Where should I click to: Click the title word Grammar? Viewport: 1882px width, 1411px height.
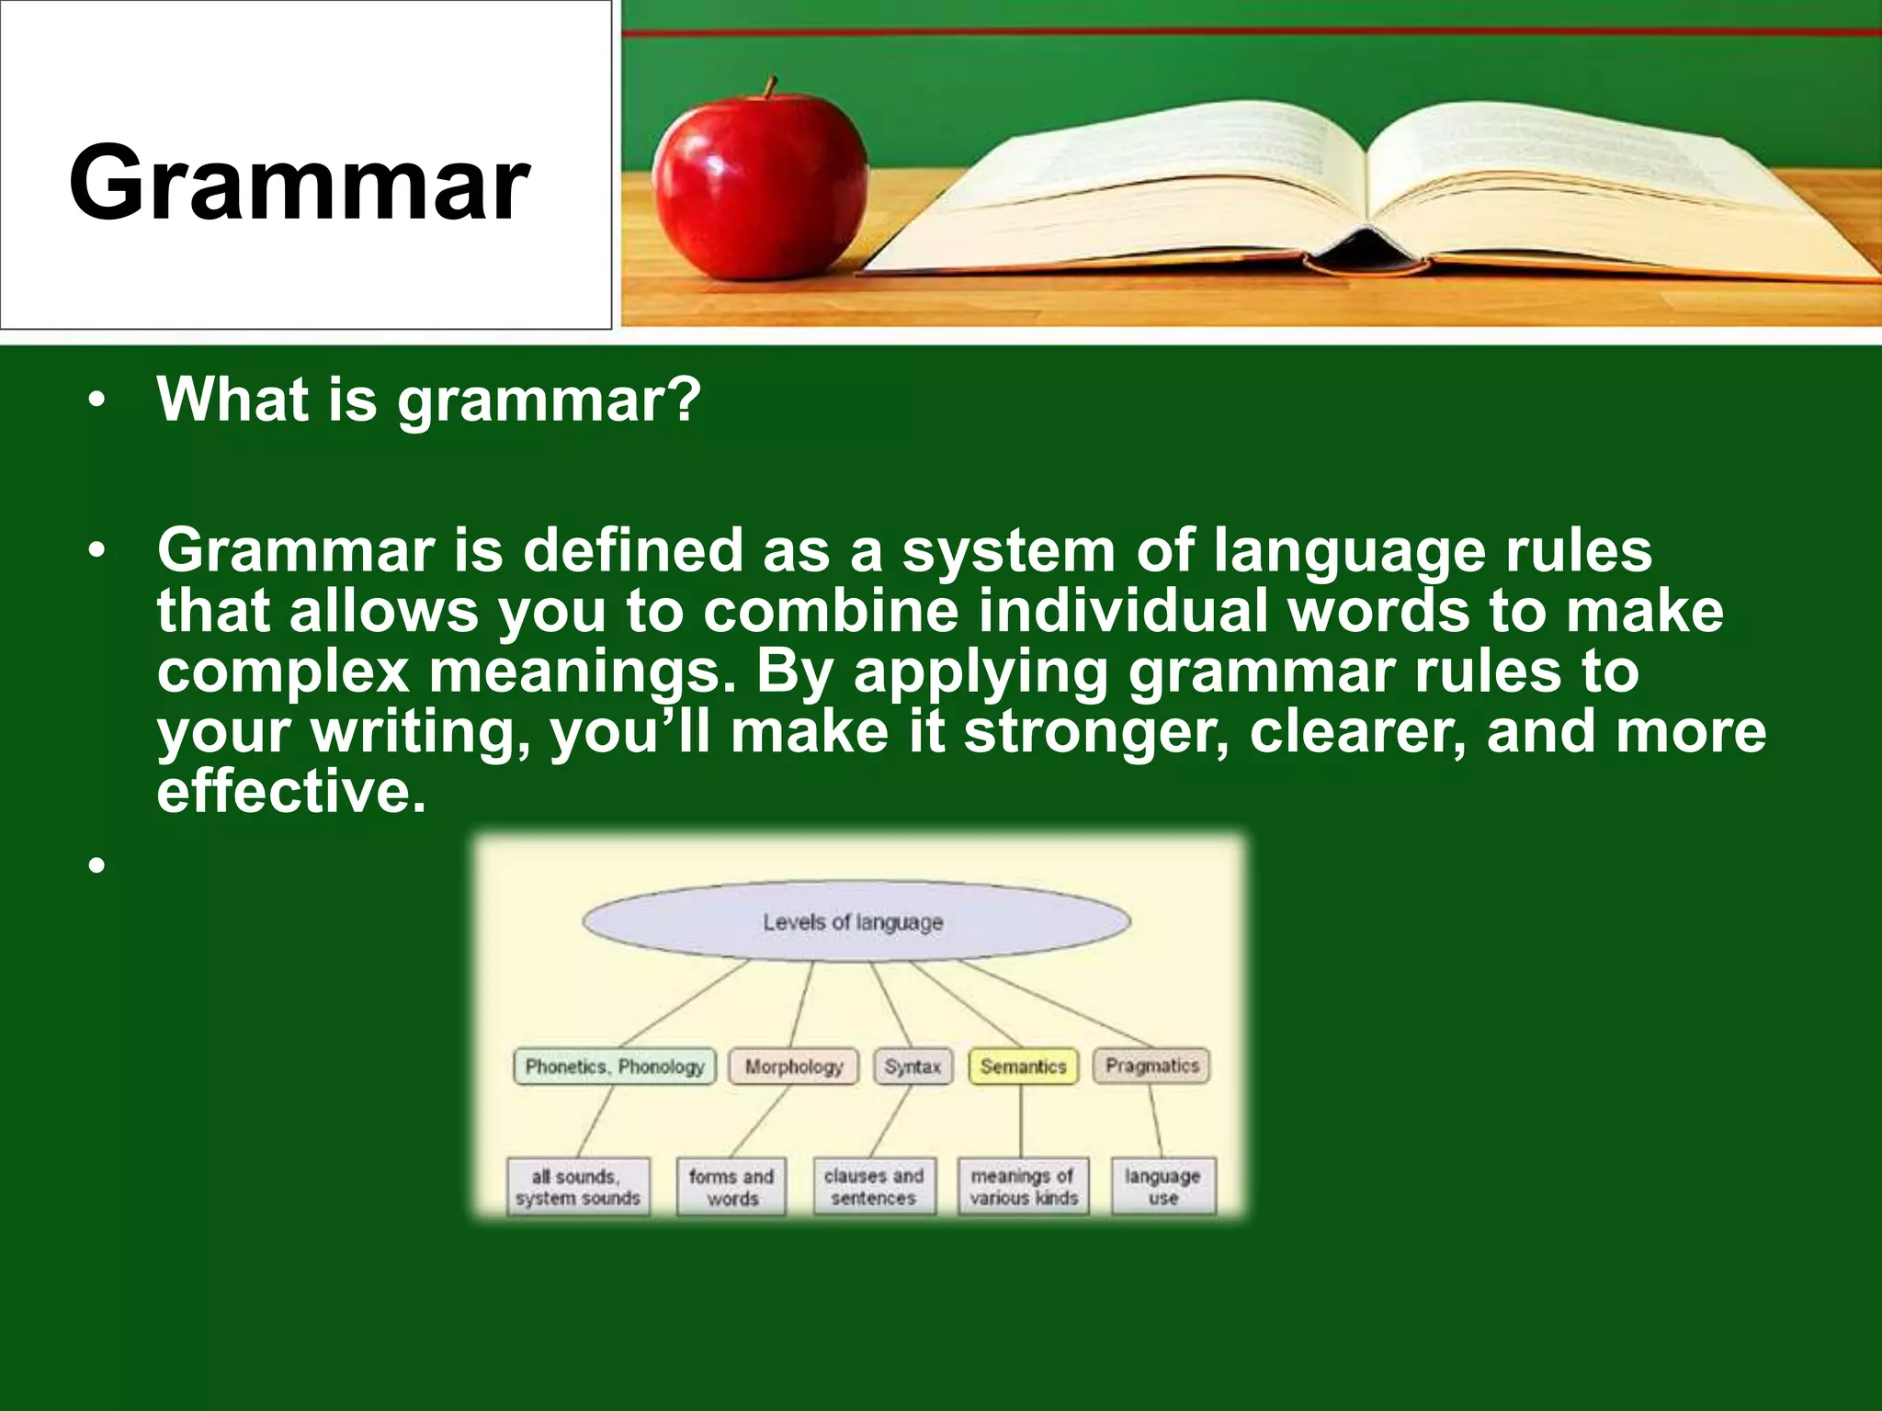point(299,184)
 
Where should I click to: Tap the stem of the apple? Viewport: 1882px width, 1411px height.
point(770,86)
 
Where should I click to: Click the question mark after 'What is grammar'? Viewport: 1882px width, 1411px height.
point(682,400)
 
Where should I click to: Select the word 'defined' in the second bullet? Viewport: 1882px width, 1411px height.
point(632,551)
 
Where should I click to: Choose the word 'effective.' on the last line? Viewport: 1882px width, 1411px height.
point(291,792)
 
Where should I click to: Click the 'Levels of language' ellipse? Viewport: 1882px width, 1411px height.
point(855,921)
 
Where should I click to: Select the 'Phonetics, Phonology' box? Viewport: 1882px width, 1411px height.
point(614,1067)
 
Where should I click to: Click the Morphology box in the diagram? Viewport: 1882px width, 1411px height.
point(793,1067)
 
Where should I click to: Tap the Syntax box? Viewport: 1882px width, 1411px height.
point(913,1067)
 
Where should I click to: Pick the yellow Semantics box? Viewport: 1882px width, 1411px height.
point(1023,1067)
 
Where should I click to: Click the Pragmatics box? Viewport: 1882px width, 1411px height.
point(1151,1066)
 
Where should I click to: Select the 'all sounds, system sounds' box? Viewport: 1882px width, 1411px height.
point(578,1187)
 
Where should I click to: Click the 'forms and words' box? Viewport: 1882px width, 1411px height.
point(731,1187)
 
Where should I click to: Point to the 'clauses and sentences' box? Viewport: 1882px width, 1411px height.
point(873,1187)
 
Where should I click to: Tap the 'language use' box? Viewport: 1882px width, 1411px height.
point(1162,1187)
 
